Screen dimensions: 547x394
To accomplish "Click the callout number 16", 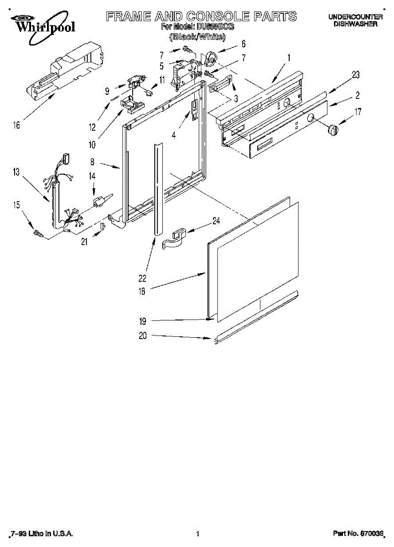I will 16,125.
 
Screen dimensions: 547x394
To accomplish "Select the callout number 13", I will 16,172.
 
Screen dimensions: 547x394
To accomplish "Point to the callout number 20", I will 143,336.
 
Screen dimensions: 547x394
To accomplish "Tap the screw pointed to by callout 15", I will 38,233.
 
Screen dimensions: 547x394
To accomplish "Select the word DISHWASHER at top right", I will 355,24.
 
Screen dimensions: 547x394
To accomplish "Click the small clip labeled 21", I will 103,227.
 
